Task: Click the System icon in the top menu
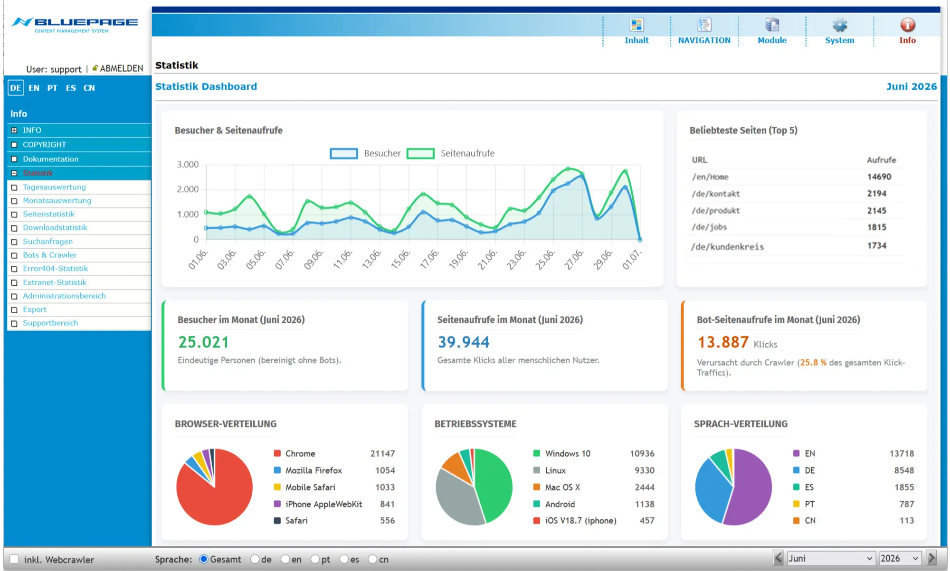pos(839,25)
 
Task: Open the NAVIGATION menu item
pos(704,40)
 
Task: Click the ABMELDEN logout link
pos(121,68)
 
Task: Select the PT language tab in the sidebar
pos(52,88)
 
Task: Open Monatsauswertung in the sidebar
pos(57,200)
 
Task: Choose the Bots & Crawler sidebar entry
pos(49,255)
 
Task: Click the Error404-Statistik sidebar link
pos(55,268)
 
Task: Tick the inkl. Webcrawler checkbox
pos(14,559)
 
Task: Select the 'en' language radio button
pos(285,559)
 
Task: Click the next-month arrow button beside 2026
pos(931,558)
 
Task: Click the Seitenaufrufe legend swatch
pos(420,153)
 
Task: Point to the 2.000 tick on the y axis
pos(188,189)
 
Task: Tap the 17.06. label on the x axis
pos(430,259)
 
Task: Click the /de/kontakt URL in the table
pos(716,194)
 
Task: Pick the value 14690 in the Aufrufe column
pos(879,177)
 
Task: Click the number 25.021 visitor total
pos(203,342)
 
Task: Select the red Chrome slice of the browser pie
pos(214,503)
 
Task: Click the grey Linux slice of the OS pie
pos(456,498)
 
